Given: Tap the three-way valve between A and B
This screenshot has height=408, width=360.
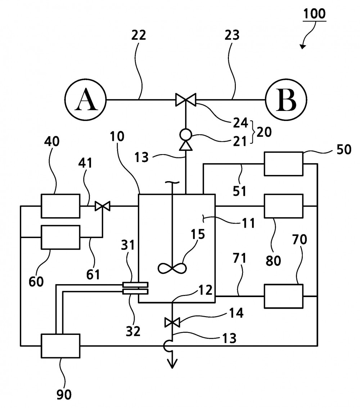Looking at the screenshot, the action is (x=186, y=100).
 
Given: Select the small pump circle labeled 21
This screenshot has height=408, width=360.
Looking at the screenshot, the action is (x=186, y=135).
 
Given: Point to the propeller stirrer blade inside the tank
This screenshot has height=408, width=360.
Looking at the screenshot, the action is (x=172, y=268).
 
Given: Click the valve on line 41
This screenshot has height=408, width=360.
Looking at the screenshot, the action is (x=103, y=206).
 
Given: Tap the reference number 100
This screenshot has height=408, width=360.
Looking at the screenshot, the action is (x=314, y=14).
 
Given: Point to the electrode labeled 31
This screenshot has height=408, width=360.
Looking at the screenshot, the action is (x=135, y=285).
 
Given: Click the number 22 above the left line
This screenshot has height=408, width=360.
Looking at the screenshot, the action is (x=138, y=35).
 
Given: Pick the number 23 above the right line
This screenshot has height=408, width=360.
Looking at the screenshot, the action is (x=232, y=35).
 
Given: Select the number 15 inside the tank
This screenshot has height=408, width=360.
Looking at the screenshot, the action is (x=198, y=234).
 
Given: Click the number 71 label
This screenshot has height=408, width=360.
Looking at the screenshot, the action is (x=239, y=259).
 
